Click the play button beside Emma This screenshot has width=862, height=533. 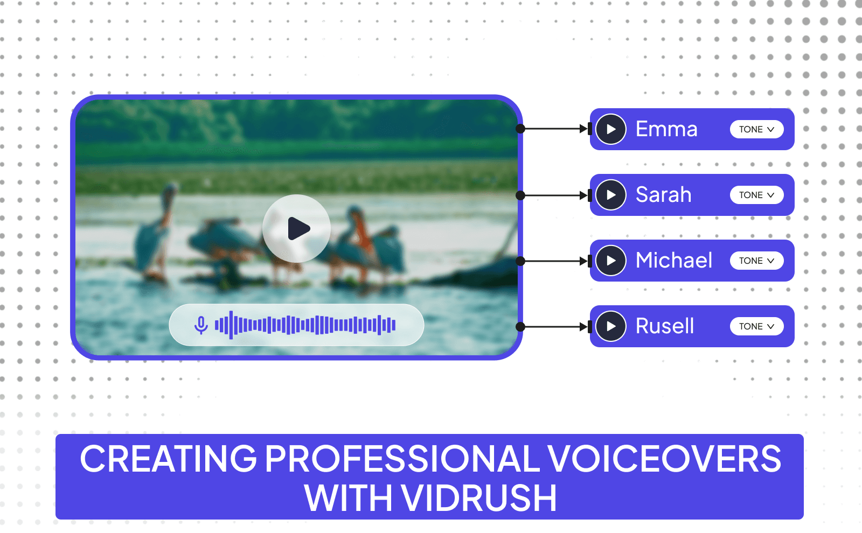[x=611, y=129]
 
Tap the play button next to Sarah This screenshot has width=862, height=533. [x=611, y=195]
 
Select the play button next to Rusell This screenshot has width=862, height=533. [x=611, y=326]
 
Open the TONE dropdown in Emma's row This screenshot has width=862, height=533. [x=756, y=129]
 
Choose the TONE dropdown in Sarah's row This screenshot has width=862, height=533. [x=756, y=195]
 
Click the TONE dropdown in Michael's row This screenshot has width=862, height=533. [x=756, y=261]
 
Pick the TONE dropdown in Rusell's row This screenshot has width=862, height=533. [x=756, y=326]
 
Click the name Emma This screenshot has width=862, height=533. [x=666, y=129]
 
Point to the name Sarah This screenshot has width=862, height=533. [x=663, y=195]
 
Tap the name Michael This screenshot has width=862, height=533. [x=674, y=261]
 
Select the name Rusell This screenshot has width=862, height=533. [x=665, y=326]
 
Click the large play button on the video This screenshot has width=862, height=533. [x=296, y=229]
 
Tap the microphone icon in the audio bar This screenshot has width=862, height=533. [x=201, y=325]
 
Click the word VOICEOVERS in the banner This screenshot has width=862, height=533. [x=664, y=459]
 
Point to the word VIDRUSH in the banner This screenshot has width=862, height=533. [x=479, y=498]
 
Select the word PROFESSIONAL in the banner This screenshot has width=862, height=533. [x=402, y=459]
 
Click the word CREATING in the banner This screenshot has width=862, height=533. [x=169, y=459]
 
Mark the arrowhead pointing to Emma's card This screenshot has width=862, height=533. [x=583, y=129]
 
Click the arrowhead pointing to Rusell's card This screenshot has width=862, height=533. [x=583, y=326]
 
